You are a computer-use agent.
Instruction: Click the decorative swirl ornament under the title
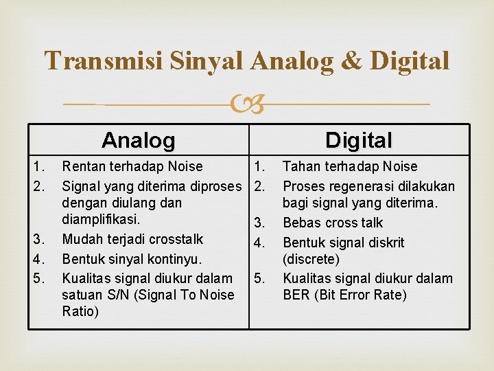click(247, 105)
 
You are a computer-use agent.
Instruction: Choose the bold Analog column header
click(138, 141)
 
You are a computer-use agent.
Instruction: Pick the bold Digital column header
click(358, 141)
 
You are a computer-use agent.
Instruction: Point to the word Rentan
click(84, 166)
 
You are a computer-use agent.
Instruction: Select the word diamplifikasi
click(101, 220)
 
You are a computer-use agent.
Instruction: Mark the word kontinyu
click(178, 259)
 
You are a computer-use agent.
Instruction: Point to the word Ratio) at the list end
click(80, 312)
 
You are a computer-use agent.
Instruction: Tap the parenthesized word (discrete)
click(311, 260)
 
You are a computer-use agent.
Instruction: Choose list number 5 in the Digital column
click(258, 279)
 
